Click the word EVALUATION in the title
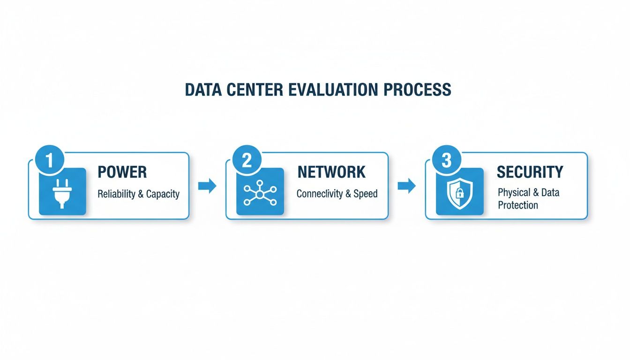coord(333,90)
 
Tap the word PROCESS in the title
coord(417,90)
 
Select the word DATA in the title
coord(203,90)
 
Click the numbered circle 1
coord(50,159)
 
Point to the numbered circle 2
coord(247,159)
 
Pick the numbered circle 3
coord(447,159)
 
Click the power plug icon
coord(62,194)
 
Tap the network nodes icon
coord(260,193)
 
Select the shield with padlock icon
coord(460,194)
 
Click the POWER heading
coord(122,172)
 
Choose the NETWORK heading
coord(331,172)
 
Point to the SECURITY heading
coord(530,172)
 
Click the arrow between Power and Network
coord(207,186)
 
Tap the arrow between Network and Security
coord(407,186)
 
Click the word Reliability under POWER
coord(116,194)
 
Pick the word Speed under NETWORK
coord(366,194)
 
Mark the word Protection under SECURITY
coord(518,205)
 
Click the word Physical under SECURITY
coord(514,193)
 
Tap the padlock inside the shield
coord(459,193)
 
